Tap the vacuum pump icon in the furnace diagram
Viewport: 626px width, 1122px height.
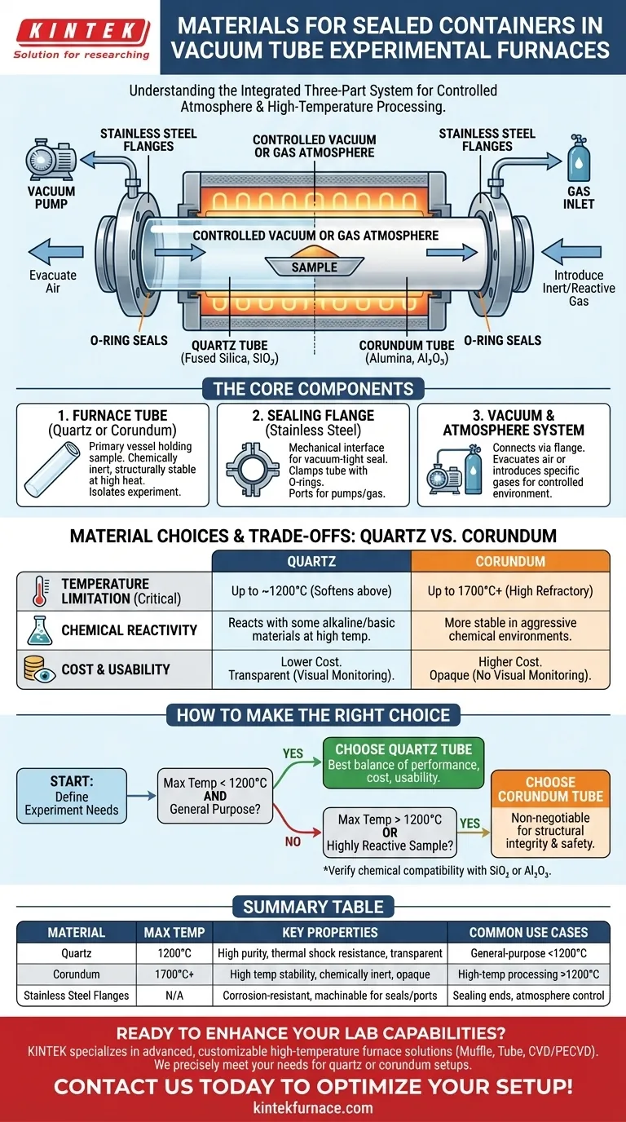pos(50,158)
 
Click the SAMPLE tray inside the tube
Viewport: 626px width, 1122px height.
pos(314,265)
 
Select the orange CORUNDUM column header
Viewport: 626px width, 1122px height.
pos(509,562)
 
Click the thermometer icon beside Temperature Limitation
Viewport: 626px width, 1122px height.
pos(37,590)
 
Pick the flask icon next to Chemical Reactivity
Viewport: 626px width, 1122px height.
pos(37,629)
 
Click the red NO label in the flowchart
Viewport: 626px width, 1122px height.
pos(293,842)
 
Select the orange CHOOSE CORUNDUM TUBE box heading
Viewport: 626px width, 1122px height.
pos(550,788)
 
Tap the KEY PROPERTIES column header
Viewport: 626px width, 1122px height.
pos(330,932)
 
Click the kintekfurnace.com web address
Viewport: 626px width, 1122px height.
pos(313,1107)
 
